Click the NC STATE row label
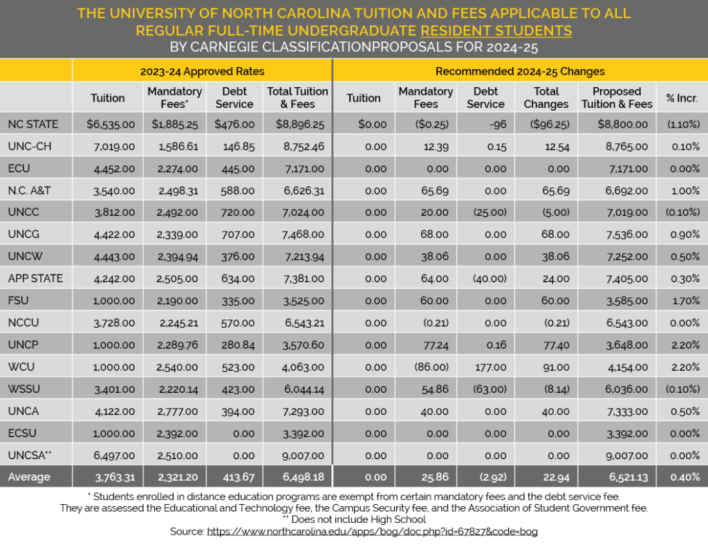coord(33,124)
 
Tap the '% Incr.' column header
coord(682,98)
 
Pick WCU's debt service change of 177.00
coord(485,367)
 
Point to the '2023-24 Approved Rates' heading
coord(202,71)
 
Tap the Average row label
coord(29,476)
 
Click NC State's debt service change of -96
coord(485,124)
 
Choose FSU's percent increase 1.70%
coord(682,301)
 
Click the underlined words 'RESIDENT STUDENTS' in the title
coord(496,30)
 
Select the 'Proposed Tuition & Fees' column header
coord(617,98)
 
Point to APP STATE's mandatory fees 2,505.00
coord(175,279)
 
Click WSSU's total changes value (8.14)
coord(546,389)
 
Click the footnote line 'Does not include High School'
coord(353,519)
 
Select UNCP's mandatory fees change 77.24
coord(425,344)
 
